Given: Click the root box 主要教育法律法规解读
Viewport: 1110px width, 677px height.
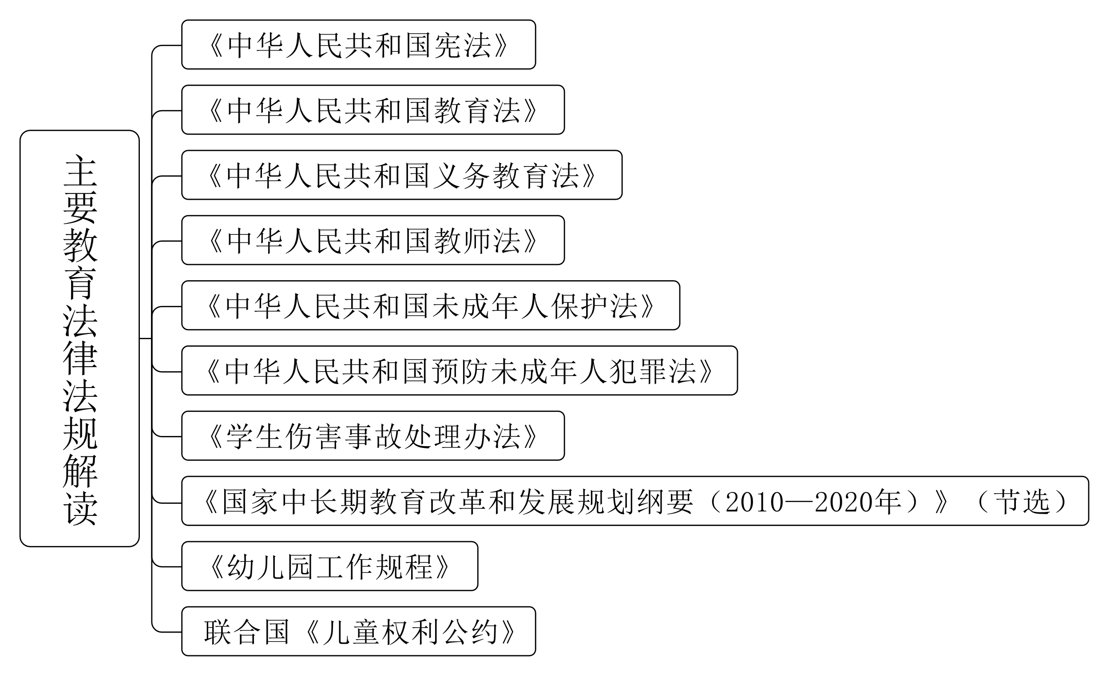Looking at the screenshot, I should point(79,338).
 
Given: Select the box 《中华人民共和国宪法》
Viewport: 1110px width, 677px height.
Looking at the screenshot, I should point(358,44).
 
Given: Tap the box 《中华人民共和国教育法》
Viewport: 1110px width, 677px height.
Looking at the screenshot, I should point(373,110).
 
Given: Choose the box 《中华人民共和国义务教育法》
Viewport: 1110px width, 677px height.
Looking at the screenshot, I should point(401,175).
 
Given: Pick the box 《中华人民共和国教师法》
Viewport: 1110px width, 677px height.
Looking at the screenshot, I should point(373,241).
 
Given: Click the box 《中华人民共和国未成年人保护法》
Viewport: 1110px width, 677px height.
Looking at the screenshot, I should point(430,306).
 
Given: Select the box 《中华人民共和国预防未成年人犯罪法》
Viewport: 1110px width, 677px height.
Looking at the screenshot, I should point(459,371).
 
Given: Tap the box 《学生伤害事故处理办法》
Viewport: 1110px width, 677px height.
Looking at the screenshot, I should point(373,436).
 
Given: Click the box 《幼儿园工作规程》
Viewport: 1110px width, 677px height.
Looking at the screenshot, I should point(329,566).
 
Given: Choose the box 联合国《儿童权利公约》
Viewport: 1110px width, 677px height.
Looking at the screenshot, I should point(358,632).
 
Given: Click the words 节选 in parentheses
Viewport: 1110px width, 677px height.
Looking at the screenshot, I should point(1022,502).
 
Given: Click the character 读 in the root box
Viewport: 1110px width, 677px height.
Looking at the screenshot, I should point(80,509).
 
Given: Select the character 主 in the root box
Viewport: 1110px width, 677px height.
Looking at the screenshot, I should point(80,171).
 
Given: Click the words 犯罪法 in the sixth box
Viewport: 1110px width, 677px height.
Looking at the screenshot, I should point(653,372).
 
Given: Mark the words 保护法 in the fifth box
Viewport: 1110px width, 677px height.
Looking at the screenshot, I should point(595,306).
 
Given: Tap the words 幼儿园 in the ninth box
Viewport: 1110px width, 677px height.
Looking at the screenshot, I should point(270,566).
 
